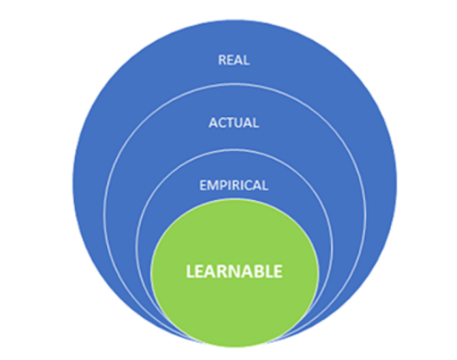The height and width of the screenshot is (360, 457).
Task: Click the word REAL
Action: tap(234, 60)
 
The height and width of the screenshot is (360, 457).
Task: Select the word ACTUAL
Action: tap(234, 122)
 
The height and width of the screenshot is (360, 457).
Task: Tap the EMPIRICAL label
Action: tap(234, 185)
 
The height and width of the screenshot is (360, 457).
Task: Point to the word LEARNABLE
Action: tap(234, 272)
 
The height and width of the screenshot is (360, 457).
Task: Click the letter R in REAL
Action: tap(222, 60)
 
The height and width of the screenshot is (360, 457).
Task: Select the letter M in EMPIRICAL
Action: tap(212, 185)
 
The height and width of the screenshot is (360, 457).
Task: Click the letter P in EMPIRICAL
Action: tap(223, 185)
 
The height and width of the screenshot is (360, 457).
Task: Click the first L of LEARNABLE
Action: tap(190, 272)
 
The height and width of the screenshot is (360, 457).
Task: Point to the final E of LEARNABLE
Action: tap(278, 272)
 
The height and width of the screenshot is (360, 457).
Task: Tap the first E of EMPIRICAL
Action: tap(203, 185)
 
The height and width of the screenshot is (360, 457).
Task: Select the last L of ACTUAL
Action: tap(256, 122)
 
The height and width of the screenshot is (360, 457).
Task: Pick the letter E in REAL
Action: tap(230, 60)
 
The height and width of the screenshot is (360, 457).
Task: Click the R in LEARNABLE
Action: tap(225, 272)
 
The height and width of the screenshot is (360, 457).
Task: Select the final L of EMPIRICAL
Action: tap(265, 185)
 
